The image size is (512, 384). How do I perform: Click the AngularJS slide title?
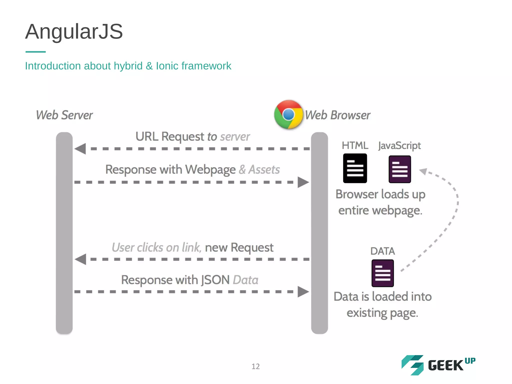(74, 31)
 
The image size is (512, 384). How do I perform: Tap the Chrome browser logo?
(288, 114)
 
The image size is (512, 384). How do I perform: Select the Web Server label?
(64, 115)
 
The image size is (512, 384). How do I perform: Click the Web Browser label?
(337, 115)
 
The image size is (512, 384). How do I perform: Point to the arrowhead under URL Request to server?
(80, 149)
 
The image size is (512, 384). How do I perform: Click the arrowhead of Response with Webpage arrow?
(303, 182)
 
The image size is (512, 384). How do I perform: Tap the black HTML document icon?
(355, 168)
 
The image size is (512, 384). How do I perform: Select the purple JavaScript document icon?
(399, 169)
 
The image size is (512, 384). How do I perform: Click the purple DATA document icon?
(382, 273)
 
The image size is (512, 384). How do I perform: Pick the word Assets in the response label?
(264, 169)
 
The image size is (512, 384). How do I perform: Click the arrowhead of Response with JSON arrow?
(303, 292)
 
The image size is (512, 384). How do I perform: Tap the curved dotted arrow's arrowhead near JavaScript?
(423, 171)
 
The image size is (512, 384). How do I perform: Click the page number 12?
(255, 366)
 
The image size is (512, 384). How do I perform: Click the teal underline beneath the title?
(35, 52)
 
